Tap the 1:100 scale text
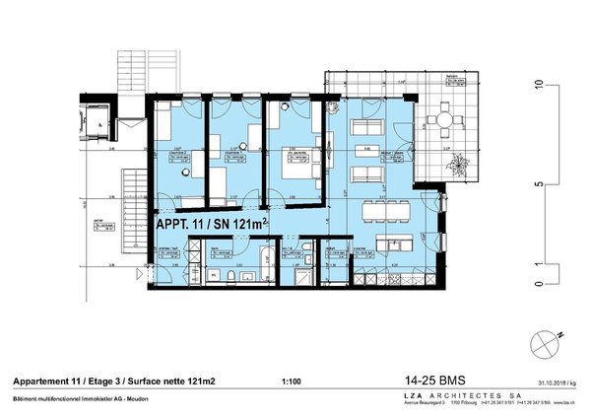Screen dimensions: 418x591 [292, 381]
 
